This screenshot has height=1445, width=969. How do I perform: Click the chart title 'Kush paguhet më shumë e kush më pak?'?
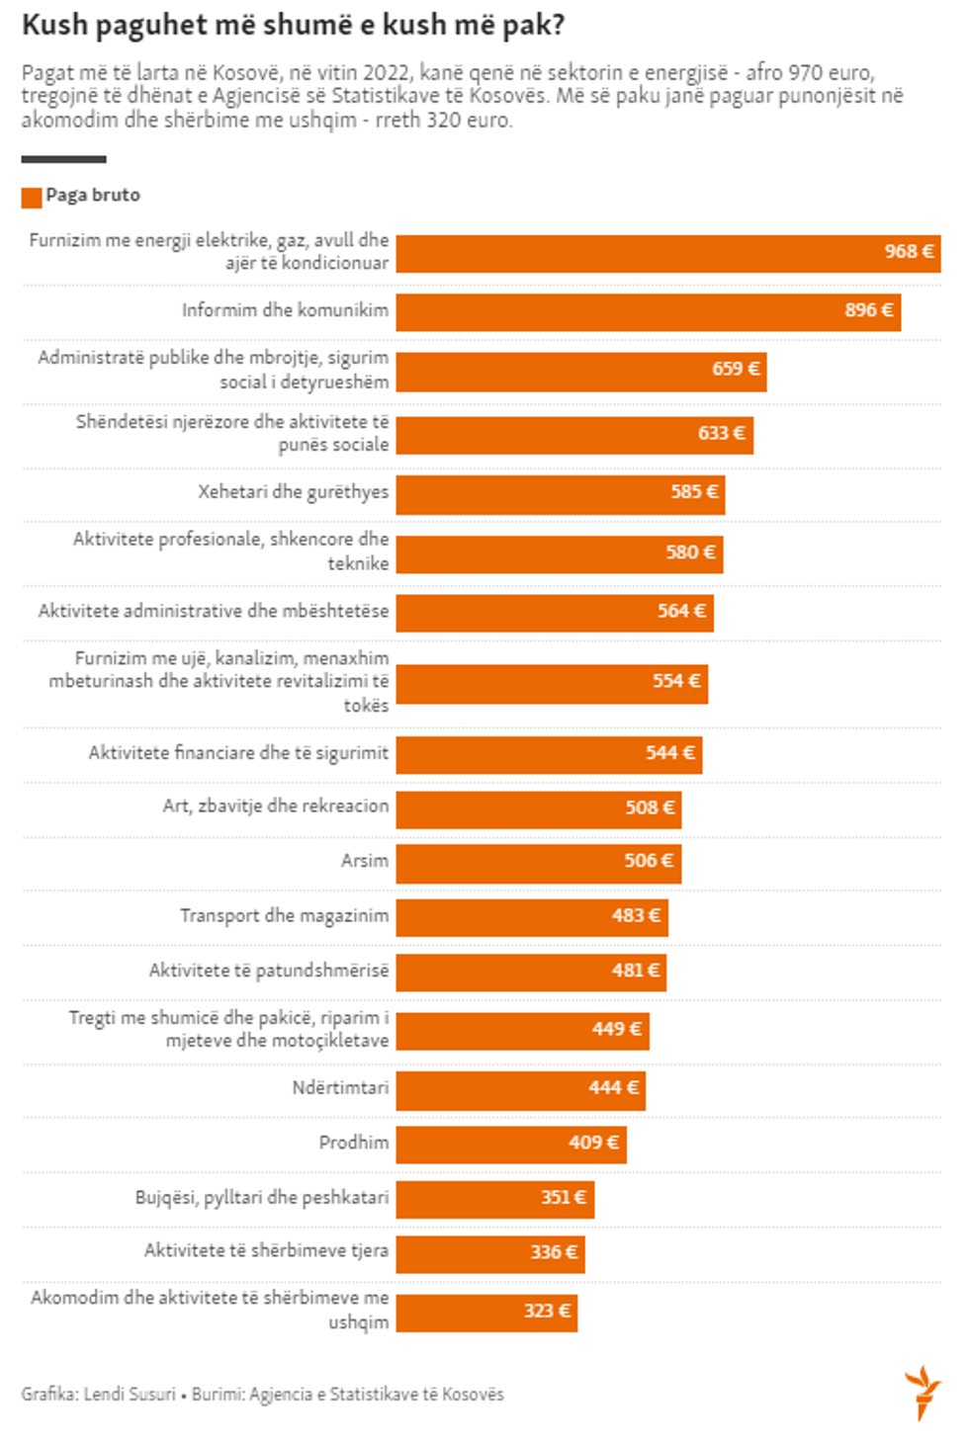click(x=293, y=25)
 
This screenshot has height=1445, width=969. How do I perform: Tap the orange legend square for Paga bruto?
click(x=32, y=198)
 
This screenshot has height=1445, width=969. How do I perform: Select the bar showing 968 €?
click(x=667, y=253)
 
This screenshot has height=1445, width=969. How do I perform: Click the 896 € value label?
click(x=868, y=310)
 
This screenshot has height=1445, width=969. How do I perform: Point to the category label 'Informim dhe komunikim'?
click(x=285, y=310)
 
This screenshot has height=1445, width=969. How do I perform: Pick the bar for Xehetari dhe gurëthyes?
click(x=560, y=494)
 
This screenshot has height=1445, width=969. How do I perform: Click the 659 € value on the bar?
click(x=736, y=370)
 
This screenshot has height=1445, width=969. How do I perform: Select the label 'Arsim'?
click(x=365, y=861)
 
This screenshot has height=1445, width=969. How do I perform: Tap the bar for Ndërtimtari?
click(x=520, y=1090)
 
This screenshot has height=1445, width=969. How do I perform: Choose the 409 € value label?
click(x=593, y=1144)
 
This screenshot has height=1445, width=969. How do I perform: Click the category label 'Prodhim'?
click(x=354, y=1143)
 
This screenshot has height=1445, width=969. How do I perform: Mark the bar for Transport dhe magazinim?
click(x=532, y=917)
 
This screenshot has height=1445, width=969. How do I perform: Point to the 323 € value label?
click(x=547, y=1312)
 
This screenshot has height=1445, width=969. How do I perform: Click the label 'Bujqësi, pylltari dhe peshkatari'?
click(x=262, y=1198)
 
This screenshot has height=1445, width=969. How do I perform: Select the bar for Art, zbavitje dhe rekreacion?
click(x=538, y=809)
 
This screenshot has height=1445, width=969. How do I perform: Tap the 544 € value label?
click(x=670, y=754)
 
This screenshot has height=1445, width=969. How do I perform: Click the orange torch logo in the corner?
click(x=924, y=1392)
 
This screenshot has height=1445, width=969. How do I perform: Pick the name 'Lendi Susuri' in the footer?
click(x=130, y=1395)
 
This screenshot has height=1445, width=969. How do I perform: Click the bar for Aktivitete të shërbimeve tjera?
click(x=490, y=1253)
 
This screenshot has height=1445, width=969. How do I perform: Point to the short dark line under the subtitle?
click(x=63, y=159)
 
